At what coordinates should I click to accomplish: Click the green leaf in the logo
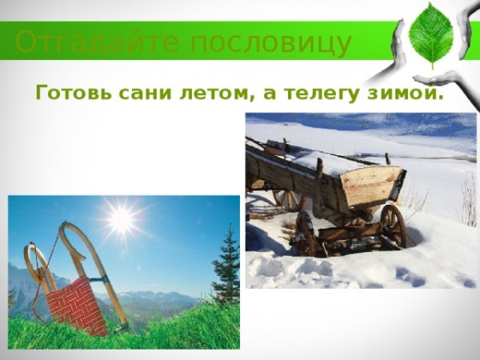(431, 34)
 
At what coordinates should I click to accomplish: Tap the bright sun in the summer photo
(121, 219)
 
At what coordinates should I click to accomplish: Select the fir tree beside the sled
(226, 268)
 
